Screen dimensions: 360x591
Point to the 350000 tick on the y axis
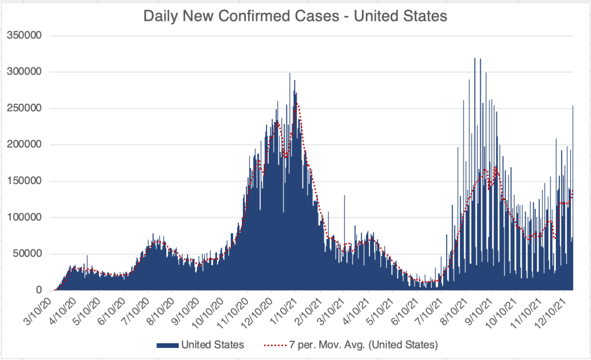25,36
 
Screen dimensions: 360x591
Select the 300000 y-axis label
25,72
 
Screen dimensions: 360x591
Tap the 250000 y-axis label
25,108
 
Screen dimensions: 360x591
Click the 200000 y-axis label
25,145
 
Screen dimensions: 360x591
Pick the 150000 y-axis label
25,181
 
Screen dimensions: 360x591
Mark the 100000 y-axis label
25,217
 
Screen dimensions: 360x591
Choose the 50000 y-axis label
27,254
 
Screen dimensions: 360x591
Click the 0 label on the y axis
39,290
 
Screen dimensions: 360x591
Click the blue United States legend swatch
167,346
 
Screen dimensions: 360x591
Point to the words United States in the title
401,17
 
